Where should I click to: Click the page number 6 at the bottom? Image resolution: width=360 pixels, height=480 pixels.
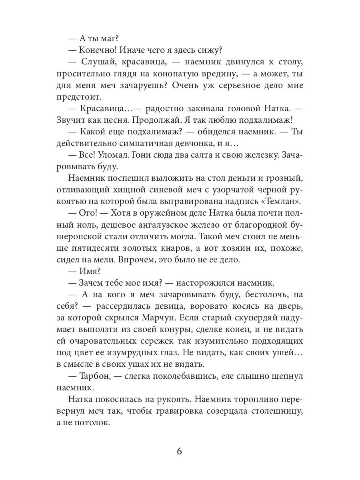179,452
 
